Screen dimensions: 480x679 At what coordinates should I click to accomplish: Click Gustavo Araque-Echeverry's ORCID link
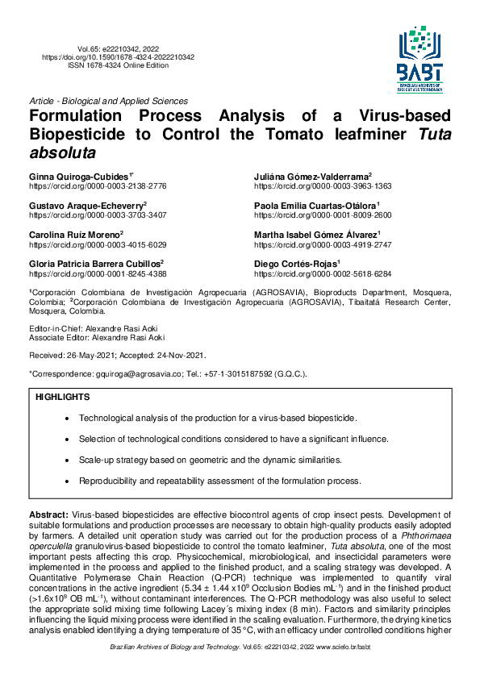98,215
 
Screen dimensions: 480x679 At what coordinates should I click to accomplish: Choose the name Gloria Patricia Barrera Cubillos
96,264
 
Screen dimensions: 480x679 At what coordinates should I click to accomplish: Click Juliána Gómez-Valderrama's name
312,176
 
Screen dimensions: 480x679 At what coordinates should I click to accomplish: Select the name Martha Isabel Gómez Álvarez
316,235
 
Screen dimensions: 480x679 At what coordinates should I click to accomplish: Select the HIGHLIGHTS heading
63,398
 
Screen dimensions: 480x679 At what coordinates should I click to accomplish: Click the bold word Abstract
48,514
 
